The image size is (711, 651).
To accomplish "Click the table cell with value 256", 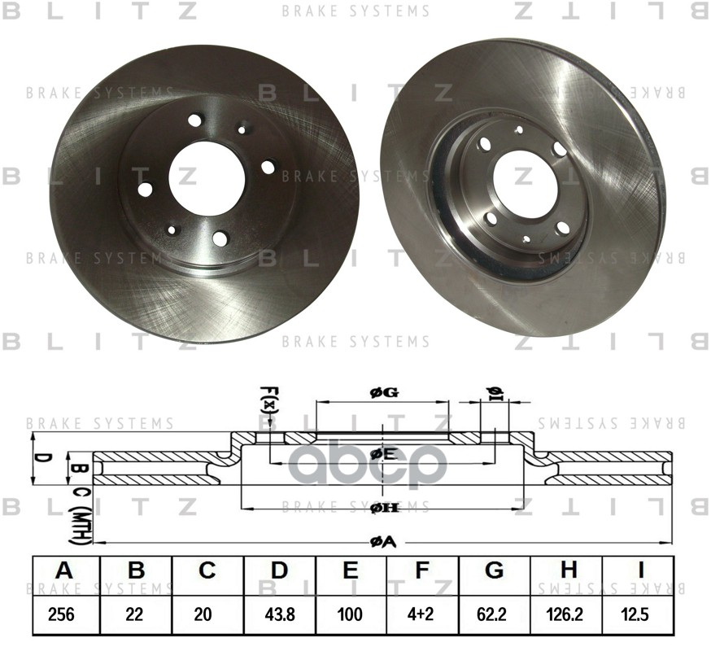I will tap(62, 614).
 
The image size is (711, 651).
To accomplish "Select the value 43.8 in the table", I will tap(280, 614).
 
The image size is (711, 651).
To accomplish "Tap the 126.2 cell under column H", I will tap(569, 614).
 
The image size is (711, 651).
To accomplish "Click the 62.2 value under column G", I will tap(495, 614).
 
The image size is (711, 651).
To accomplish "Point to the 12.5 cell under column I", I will tap(639, 614).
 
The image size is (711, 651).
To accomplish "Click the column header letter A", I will tap(63, 572).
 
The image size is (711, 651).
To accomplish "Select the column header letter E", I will tap(351, 572).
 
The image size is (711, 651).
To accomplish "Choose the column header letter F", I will tap(422, 572).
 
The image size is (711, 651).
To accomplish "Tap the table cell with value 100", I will tap(351, 614).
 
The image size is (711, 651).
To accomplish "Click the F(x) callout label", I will tap(268, 400).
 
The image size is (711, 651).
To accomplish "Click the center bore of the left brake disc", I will tap(207, 177).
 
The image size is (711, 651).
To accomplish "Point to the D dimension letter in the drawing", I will tap(46, 458).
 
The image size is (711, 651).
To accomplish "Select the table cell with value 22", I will tap(134, 614).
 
